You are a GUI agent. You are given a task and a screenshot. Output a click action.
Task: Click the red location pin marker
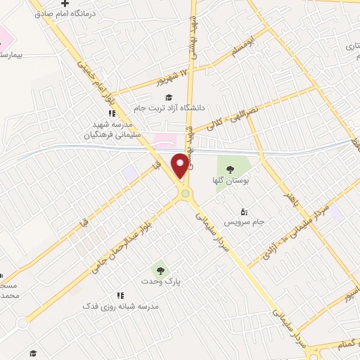(181, 165)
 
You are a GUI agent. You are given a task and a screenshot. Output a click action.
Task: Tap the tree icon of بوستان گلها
(230, 167)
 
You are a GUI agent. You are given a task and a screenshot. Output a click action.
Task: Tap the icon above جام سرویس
(244, 210)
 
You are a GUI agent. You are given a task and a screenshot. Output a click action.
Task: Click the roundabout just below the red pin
(184, 193)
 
